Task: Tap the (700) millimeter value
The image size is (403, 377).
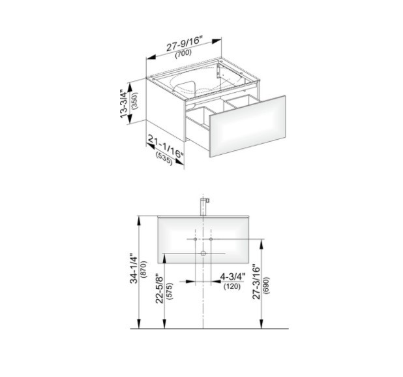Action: [x=183, y=54]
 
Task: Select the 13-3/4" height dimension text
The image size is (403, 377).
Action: [x=124, y=104]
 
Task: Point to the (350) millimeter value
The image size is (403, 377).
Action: [x=135, y=101]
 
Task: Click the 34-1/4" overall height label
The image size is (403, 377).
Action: [x=134, y=269]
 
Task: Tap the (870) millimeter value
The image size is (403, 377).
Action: [x=144, y=269]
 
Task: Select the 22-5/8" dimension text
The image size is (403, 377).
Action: [x=160, y=289]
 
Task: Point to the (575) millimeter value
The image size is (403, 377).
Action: [x=170, y=291]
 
